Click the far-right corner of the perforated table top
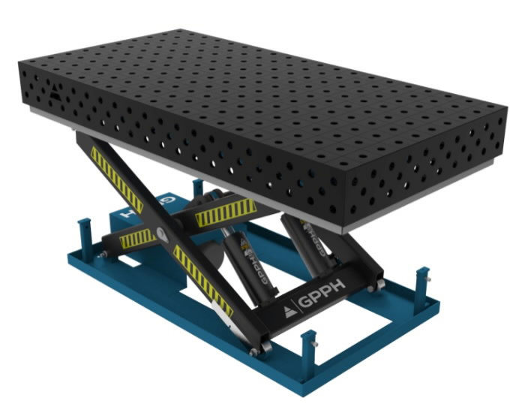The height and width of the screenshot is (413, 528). coord(507,110)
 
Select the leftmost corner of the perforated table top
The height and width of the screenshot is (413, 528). coord(19,65)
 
